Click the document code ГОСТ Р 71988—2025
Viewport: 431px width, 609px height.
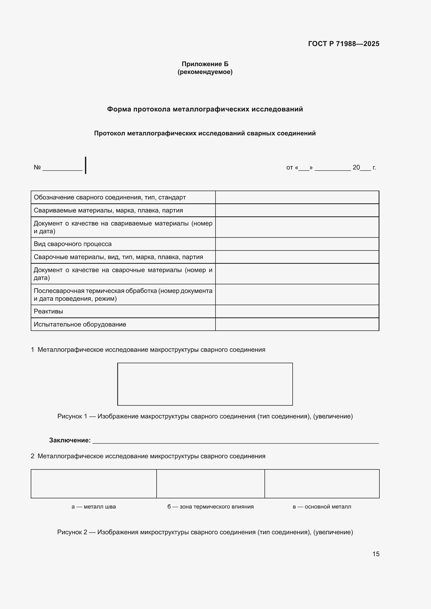343,44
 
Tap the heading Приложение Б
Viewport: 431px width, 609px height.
205,64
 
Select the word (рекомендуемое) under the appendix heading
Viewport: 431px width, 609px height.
205,72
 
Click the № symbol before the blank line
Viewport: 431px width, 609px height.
37,167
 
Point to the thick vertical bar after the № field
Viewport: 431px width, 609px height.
85,165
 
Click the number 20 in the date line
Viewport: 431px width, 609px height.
356,167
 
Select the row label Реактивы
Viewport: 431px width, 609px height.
48,311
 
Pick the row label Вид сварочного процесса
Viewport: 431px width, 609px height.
72,244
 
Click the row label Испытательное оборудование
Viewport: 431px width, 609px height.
80,324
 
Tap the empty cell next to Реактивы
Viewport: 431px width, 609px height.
297,311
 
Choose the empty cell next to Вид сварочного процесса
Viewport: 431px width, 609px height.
297,244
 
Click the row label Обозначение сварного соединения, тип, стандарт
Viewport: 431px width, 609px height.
110,197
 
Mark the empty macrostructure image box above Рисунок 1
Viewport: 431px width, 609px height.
205,384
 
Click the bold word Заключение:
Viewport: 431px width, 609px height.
70,440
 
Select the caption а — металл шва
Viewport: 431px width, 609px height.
94,507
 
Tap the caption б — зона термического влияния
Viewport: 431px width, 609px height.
211,507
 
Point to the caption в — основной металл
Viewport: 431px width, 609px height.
322,507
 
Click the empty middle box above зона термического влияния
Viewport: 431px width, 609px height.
211,484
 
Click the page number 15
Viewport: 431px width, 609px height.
376,554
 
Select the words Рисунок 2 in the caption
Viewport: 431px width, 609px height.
72,532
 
